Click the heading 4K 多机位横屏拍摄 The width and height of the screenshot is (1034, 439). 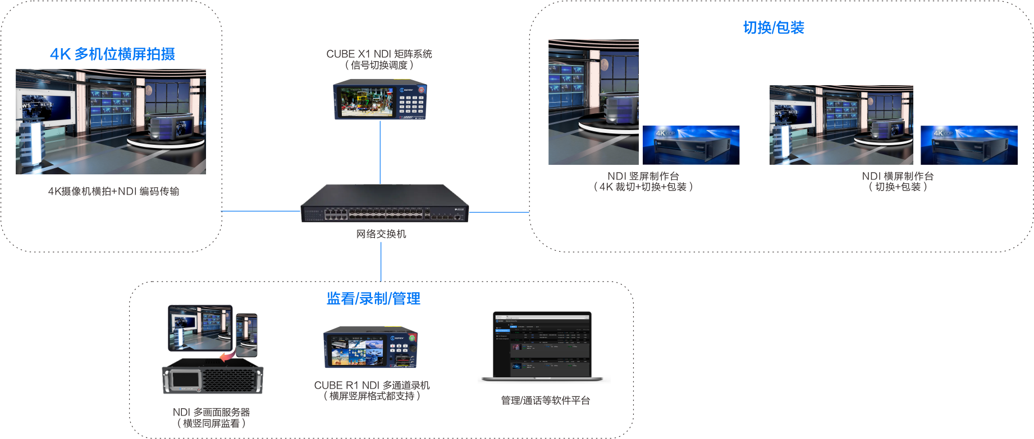click(112, 54)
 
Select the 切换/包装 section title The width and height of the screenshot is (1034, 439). click(774, 27)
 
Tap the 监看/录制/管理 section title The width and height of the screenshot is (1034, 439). click(373, 298)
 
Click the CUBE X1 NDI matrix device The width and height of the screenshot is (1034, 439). click(380, 99)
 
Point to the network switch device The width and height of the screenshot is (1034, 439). click(385, 205)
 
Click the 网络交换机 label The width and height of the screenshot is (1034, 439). click(381, 234)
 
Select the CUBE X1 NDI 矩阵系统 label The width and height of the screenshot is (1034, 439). click(379, 54)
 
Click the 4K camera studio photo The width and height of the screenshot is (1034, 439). click(111, 121)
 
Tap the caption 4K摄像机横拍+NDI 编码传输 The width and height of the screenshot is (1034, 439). click(113, 191)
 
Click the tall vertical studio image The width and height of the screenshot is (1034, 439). click(593, 102)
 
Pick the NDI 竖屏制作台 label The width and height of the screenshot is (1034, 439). click(643, 176)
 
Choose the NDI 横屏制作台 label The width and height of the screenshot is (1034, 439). click(898, 176)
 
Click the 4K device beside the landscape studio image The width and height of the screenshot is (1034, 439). click(969, 145)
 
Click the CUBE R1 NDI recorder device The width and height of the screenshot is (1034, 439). click(370, 347)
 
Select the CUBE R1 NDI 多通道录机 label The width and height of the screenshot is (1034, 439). click(372, 385)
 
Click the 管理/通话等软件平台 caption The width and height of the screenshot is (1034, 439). click(545, 400)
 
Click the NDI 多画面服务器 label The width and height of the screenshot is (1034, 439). click(211, 412)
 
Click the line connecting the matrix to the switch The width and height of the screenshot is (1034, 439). click(380, 152)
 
